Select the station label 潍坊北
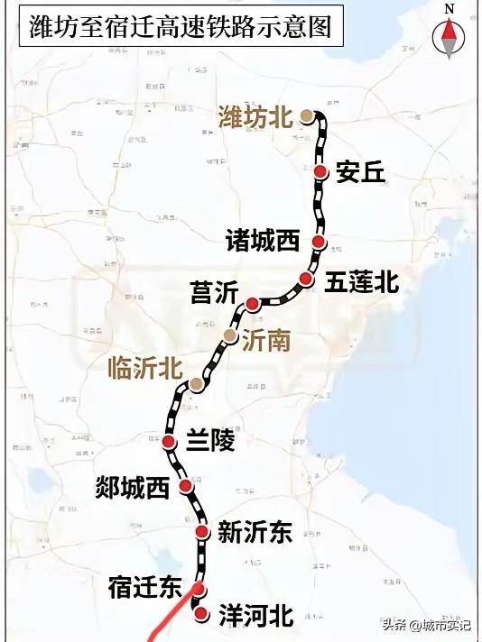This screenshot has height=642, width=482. pos(255,116)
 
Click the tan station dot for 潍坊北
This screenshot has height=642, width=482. pos(308,115)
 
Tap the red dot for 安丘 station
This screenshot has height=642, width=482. pos(321,170)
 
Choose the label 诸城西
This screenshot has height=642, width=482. pos(263,240)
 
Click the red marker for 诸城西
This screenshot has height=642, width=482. pos(319,242)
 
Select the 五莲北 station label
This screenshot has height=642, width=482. pos(361,282)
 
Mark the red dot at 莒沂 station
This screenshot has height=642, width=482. pos(253,303)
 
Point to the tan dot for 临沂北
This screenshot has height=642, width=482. pos(196,385)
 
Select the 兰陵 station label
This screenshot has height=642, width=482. pos(209,441)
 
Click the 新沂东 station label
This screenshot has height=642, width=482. pos(255,533)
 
